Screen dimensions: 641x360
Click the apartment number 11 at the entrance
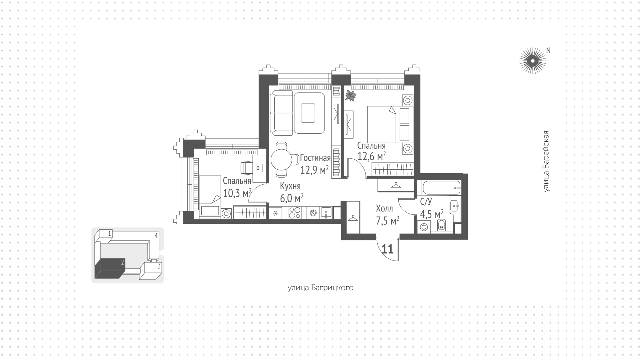(387, 249)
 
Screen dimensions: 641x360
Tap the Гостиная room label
(315, 158)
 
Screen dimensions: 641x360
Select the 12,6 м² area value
(372, 156)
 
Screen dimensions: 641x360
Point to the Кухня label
(290, 186)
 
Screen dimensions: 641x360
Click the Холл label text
(384, 209)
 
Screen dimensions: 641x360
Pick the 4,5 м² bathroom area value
(432, 214)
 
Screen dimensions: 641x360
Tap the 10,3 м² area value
(237, 193)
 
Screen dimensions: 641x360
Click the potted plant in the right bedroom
(351, 96)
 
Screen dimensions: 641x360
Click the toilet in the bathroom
(441, 226)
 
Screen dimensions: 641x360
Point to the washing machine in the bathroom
(424, 227)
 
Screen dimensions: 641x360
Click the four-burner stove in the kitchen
(294, 212)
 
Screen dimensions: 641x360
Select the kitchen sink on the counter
(326, 213)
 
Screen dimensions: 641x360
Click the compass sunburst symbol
(532, 61)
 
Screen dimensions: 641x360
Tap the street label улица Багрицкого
(320, 288)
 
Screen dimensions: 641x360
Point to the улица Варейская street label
(546, 162)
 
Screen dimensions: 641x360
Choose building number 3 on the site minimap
(159, 266)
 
